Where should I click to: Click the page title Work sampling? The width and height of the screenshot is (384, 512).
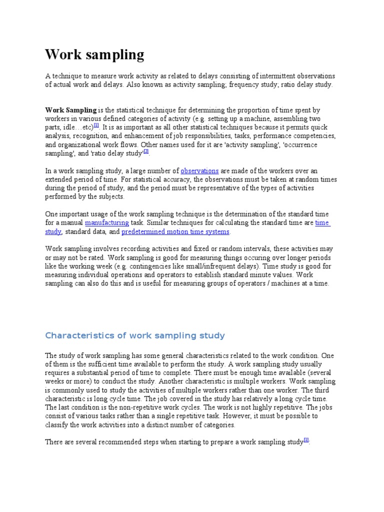point(94,54)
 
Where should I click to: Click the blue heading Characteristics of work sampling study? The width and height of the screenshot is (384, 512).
point(135,335)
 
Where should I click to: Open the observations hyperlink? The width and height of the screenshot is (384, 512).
point(199,171)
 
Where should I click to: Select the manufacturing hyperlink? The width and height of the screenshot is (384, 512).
point(107,222)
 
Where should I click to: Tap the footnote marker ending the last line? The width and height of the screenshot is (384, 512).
point(306,440)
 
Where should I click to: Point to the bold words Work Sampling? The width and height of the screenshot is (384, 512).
point(70,110)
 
